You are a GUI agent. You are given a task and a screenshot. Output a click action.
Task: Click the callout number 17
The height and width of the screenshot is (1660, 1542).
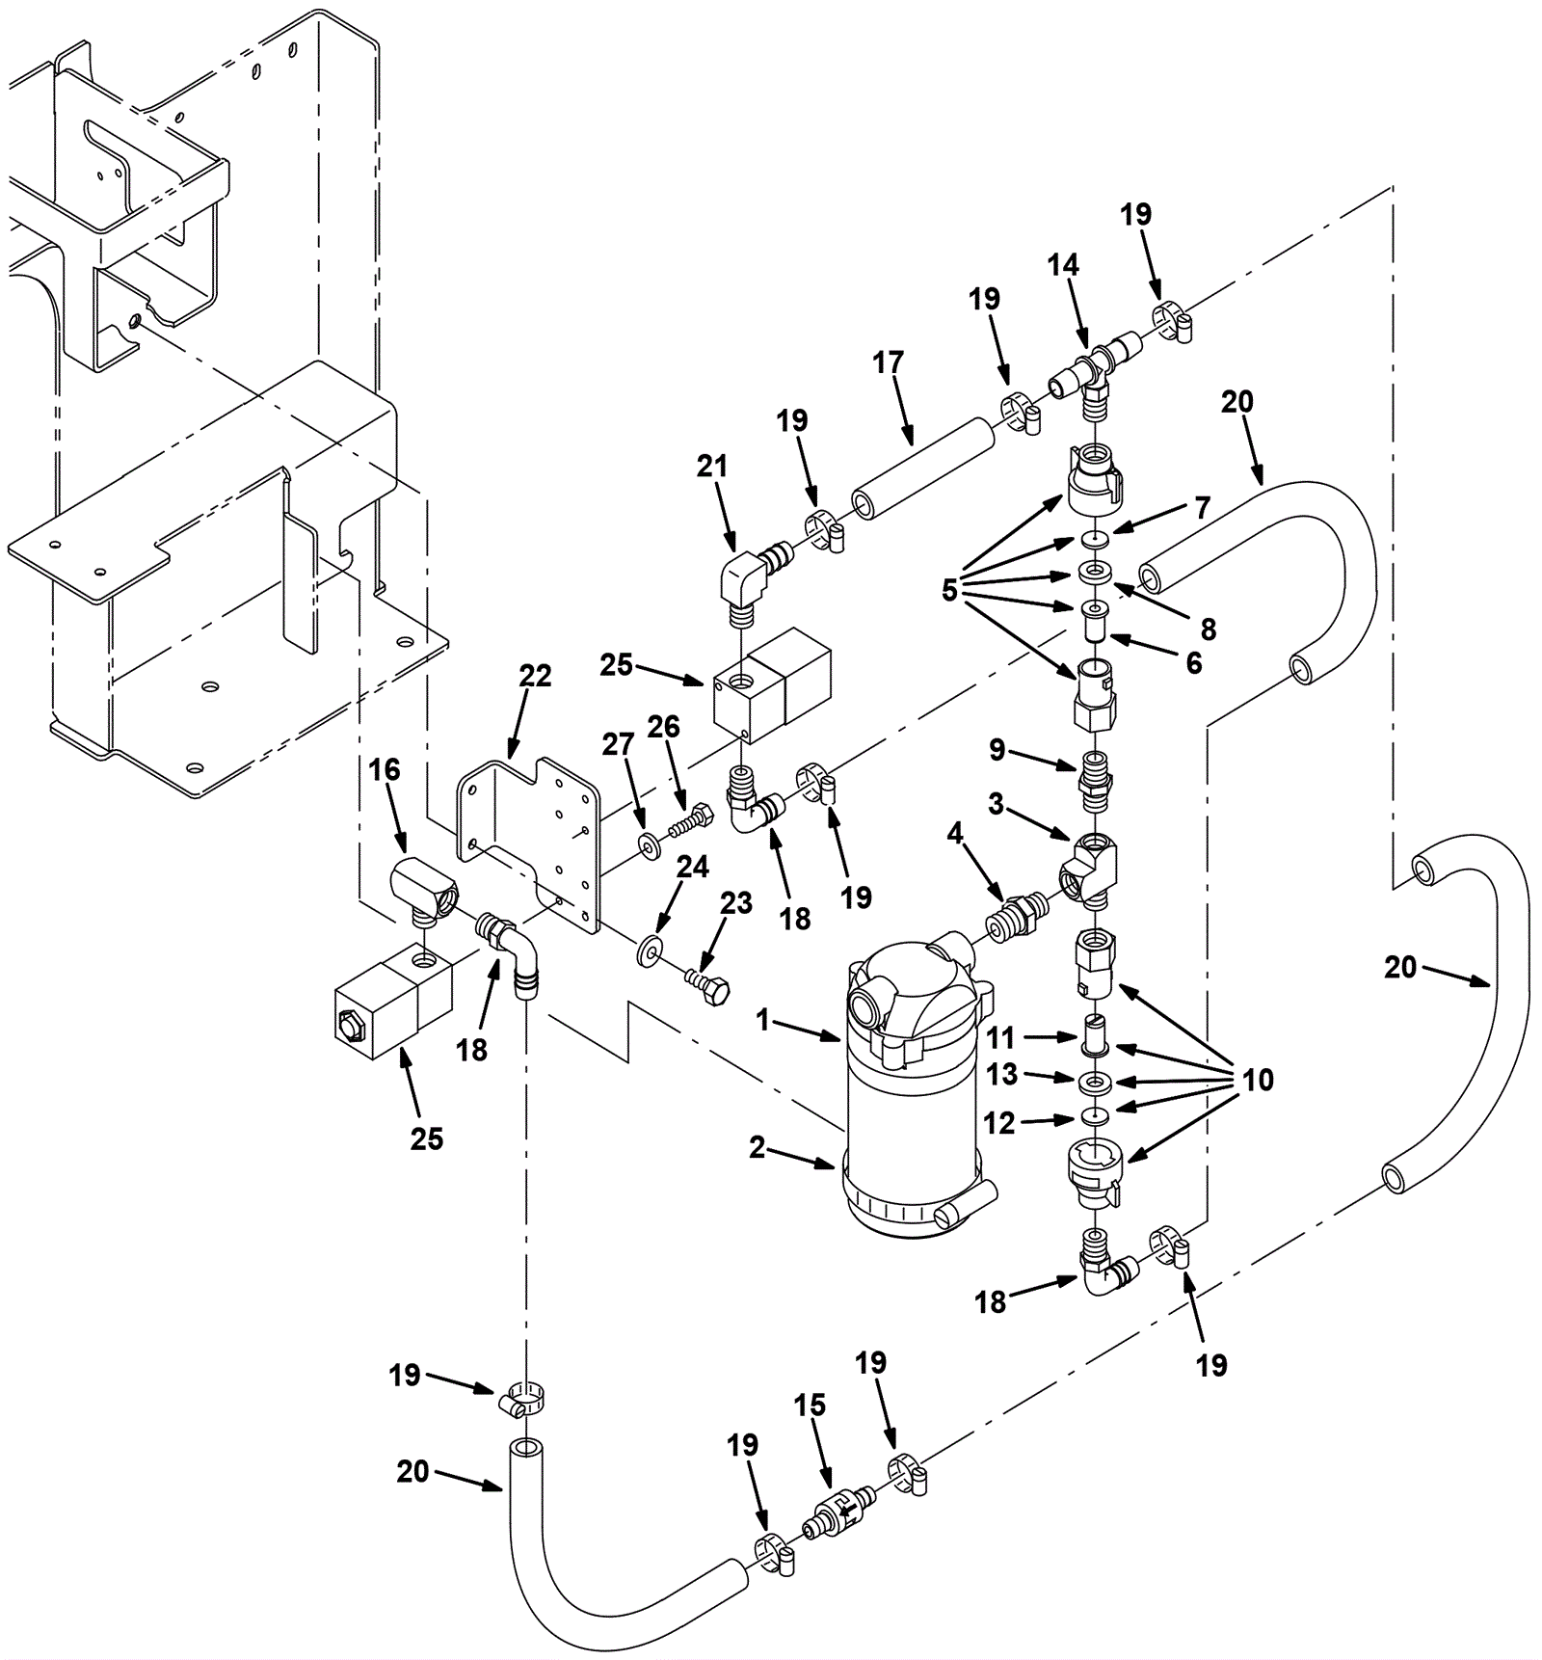888,362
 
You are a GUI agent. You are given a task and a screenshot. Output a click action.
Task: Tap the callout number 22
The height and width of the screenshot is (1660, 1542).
535,676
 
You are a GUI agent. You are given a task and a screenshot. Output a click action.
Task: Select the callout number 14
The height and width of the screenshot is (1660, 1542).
1063,264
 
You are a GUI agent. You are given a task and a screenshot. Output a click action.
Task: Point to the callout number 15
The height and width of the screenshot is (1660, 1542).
810,1405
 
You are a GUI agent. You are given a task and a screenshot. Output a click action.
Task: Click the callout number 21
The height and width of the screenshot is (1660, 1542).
712,466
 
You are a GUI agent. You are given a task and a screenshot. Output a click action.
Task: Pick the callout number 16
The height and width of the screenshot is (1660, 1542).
385,769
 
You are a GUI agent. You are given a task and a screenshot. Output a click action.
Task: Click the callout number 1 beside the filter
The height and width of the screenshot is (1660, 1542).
763,1019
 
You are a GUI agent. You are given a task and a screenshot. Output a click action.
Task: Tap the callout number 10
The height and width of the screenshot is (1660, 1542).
1258,1080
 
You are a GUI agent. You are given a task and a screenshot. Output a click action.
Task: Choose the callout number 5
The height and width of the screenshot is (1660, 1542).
949,589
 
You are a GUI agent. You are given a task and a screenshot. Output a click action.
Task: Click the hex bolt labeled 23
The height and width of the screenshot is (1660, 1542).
706,985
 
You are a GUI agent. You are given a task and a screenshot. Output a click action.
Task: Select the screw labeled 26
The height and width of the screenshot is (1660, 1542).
690,822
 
